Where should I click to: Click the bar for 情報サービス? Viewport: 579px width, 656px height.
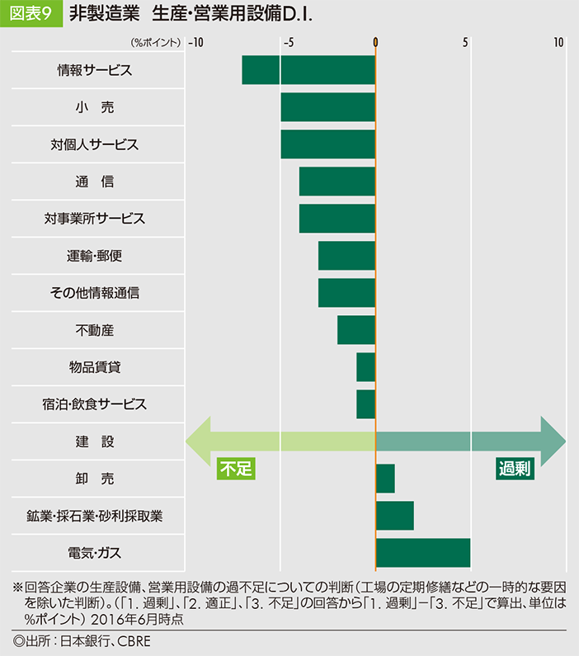[308, 70]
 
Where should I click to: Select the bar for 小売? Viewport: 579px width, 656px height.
[327, 107]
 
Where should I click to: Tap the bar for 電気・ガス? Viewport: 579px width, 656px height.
[422, 553]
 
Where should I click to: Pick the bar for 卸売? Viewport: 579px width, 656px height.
[385, 479]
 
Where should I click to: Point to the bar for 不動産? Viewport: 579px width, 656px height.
[356, 330]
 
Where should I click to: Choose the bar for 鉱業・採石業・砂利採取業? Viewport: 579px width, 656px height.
[394, 516]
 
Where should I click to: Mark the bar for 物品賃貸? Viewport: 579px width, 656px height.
[366, 367]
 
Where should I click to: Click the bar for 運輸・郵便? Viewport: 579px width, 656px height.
[346, 256]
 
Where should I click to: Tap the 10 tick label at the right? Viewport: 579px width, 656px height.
[559, 41]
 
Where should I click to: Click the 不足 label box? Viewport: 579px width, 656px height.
[236, 469]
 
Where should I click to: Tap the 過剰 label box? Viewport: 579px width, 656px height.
[515, 469]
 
